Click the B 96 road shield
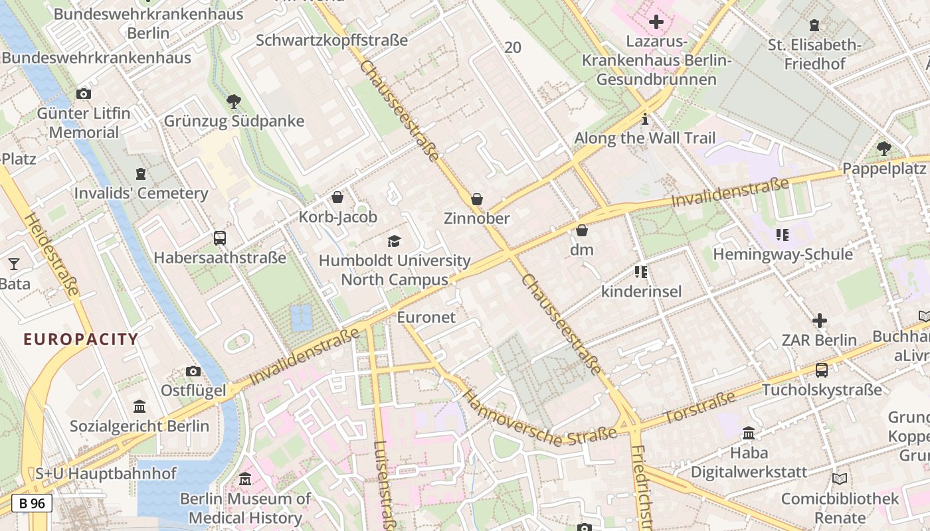pos(32,503)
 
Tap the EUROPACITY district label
pos(80,340)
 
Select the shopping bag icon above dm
pos(582,230)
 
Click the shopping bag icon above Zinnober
pos(476,198)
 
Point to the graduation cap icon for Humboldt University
pos(395,241)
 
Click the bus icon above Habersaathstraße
pos(219,238)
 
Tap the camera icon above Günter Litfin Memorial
pos(83,94)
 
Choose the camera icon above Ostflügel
pos(193,371)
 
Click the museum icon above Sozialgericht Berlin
pos(139,406)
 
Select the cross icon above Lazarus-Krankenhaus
pos(656,22)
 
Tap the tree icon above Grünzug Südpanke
pos(233,102)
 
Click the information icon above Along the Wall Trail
pos(644,119)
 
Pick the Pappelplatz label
pos(885,169)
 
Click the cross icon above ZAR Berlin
pos(820,321)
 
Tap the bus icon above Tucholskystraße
pos(822,370)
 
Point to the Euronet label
pos(426,317)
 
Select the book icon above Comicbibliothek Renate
pos(840,479)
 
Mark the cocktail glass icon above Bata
pos(13,264)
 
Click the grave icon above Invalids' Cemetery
pos(141,174)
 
